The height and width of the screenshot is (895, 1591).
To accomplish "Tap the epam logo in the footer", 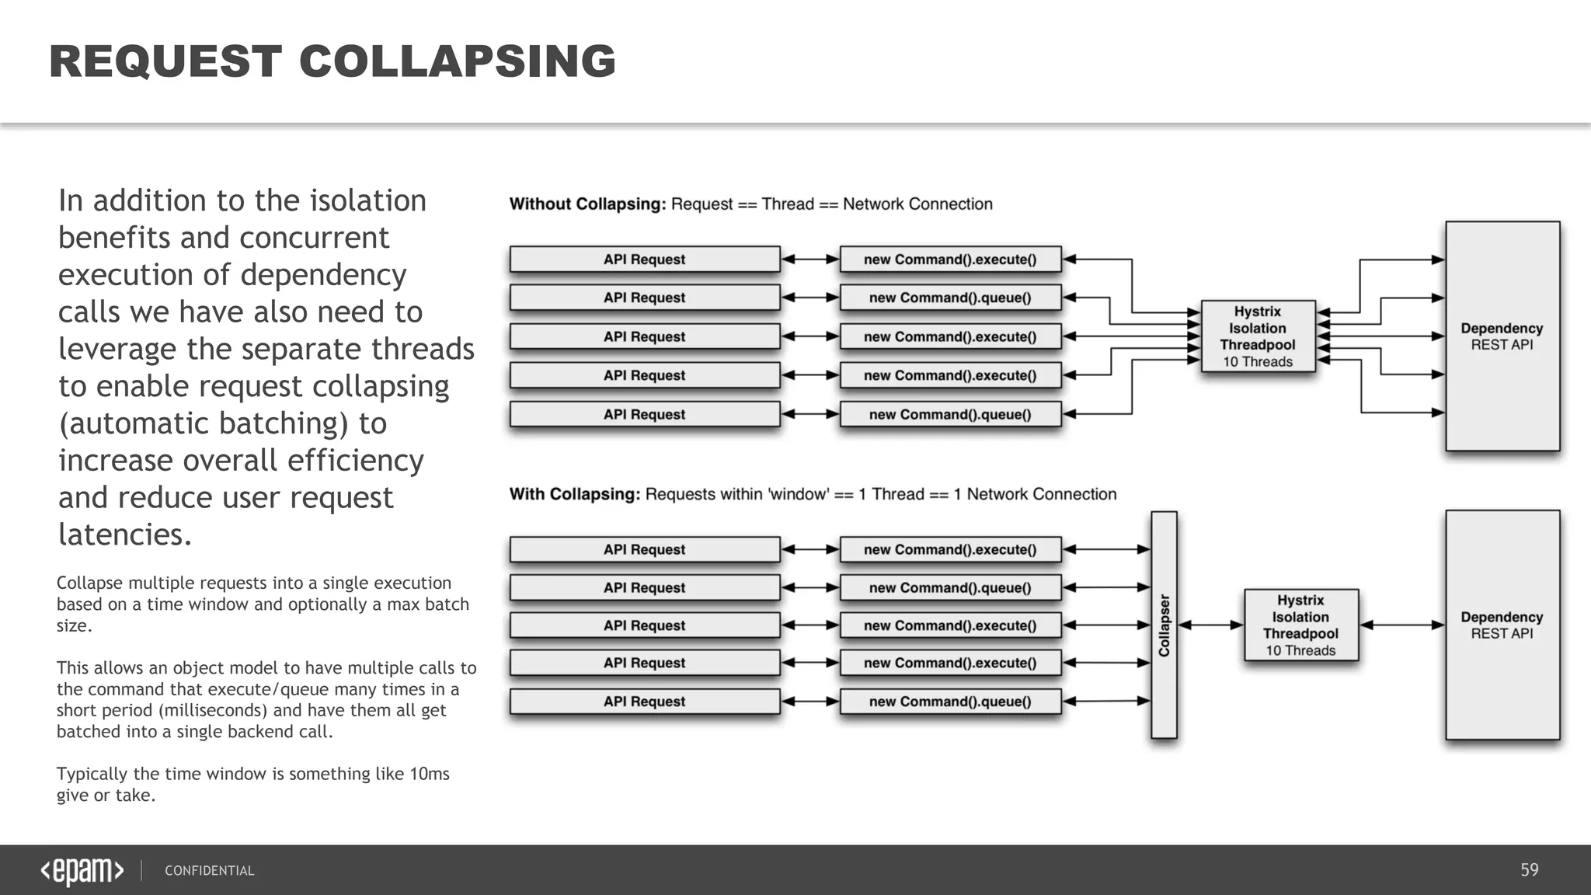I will click(82, 871).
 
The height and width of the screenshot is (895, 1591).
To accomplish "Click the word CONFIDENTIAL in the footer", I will click(209, 871).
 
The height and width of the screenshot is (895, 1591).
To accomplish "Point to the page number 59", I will click(1529, 870).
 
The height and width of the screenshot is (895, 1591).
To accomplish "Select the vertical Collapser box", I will click(1164, 625).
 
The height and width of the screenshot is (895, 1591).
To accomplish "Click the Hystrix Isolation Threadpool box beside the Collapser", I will click(1300, 625).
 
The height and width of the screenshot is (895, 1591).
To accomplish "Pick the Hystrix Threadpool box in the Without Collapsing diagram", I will click(1257, 336).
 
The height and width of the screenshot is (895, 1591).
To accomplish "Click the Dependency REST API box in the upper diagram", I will click(1502, 336).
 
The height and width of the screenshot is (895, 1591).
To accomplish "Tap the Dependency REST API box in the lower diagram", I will click(1502, 625).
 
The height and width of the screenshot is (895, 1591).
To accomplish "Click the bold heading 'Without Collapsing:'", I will click(587, 204).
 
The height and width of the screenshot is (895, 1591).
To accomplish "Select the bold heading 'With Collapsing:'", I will click(575, 494).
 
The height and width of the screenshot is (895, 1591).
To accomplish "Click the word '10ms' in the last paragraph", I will click(429, 774).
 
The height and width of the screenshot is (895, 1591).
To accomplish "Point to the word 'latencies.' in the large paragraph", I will click(125, 535).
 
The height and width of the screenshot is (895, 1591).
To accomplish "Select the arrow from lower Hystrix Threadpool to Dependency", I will click(1402, 625).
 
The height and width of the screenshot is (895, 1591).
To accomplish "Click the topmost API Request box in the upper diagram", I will click(644, 259).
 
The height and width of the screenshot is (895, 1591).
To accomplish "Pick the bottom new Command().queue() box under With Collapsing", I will click(950, 702).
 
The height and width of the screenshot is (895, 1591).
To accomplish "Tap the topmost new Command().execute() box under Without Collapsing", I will click(950, 259).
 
